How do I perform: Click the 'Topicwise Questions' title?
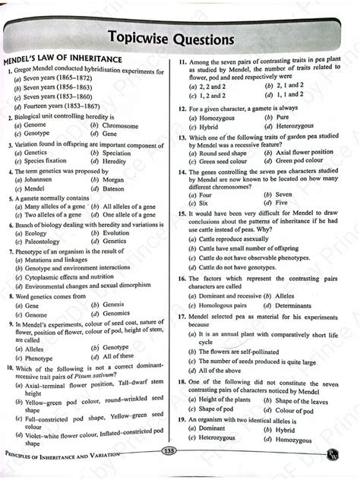coord(180,38)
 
